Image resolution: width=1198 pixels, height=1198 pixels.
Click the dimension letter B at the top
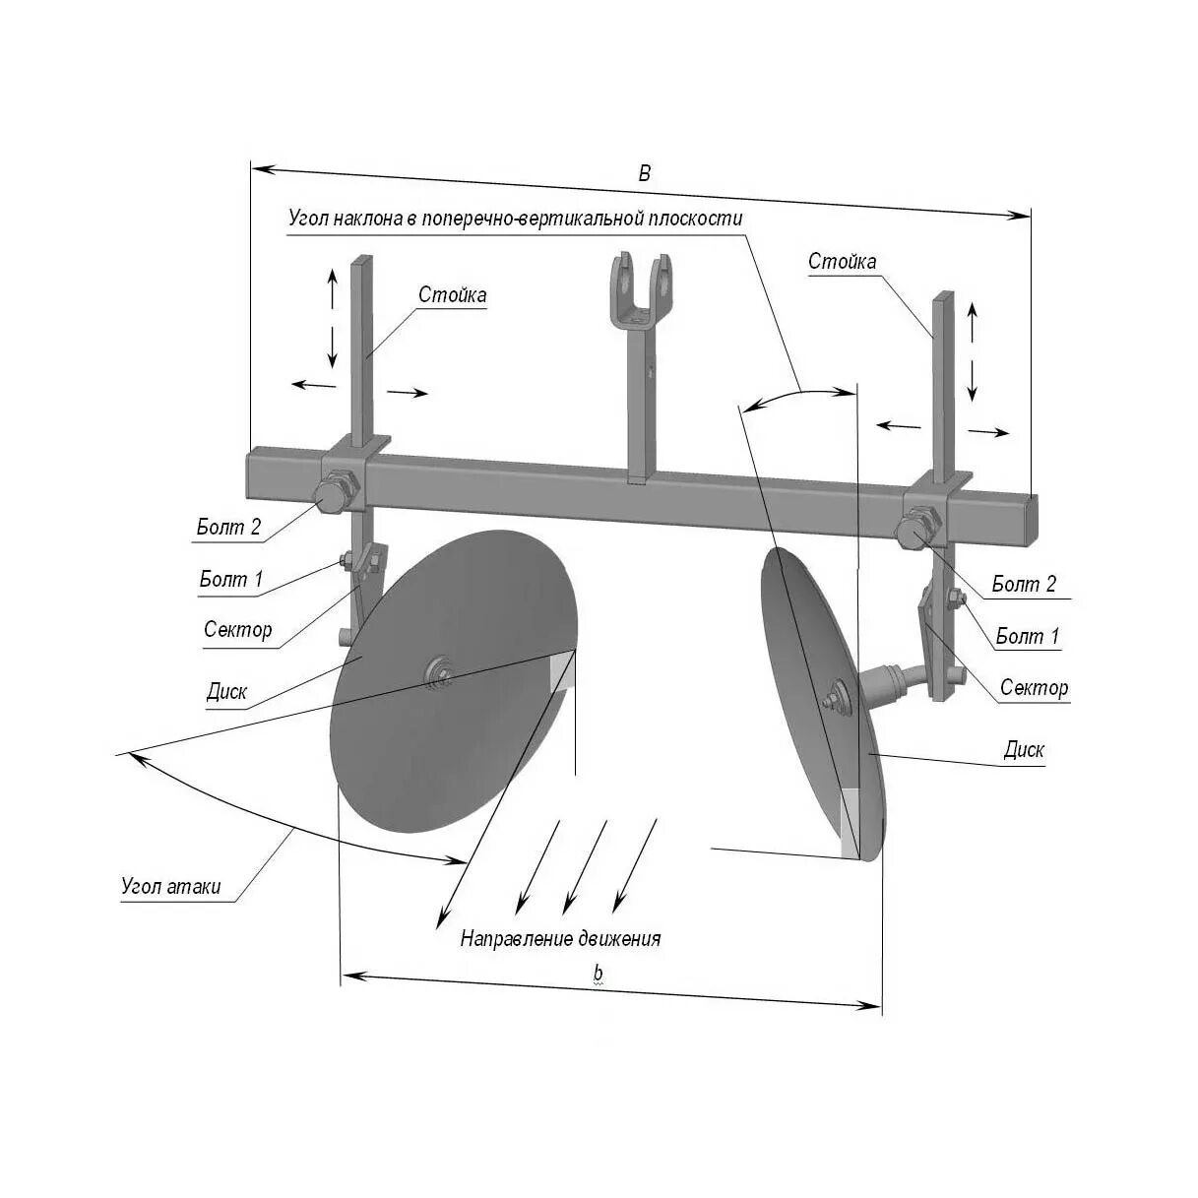645,173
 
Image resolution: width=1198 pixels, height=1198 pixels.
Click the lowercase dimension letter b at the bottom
598,973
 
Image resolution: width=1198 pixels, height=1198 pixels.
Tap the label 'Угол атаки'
170,886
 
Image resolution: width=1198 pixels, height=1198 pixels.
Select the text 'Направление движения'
560,939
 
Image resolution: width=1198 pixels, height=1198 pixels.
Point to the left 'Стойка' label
452,294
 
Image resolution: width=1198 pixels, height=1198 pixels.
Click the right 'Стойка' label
842,261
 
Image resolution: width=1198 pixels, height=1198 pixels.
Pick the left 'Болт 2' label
228,527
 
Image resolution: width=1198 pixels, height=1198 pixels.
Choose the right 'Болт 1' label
1027,636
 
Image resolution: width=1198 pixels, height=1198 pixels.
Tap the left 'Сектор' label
237,629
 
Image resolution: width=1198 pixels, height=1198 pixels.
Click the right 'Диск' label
1023,750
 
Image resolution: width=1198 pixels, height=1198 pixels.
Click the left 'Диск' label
226,691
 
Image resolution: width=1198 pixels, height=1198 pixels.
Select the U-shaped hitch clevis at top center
641,287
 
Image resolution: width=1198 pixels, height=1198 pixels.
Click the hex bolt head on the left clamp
330,497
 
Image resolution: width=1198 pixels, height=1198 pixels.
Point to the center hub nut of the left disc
437,673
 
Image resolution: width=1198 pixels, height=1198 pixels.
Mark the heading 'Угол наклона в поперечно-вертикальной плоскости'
515,218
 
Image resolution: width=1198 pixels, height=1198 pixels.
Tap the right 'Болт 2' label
1023,585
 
